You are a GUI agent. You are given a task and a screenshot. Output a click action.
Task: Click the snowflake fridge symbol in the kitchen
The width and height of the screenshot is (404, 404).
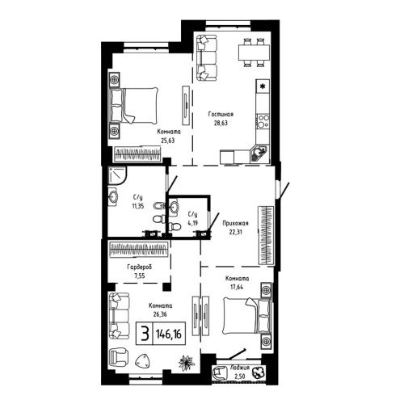tap(263, 85)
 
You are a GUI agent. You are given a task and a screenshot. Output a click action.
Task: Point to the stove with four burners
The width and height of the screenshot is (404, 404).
tap(262, 122)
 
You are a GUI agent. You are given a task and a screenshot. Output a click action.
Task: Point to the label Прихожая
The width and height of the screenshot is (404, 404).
tap(235, 222)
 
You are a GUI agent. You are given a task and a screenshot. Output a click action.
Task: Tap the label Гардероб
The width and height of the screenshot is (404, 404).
tap(139, 266)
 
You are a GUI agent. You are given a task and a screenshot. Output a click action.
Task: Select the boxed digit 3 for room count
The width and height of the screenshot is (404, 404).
tap(144, 334)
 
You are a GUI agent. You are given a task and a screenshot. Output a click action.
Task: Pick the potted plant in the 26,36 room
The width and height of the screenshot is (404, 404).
tap(187, 364)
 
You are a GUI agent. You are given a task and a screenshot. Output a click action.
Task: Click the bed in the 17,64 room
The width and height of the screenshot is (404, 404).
tap(242, 318)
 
